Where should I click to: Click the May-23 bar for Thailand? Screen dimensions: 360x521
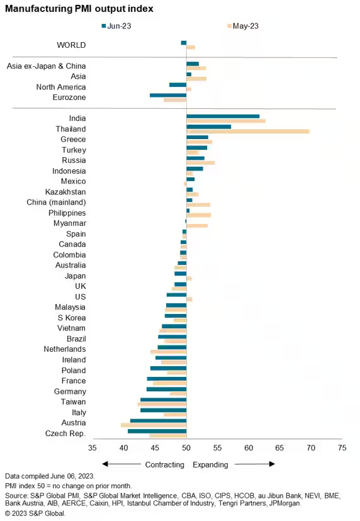pos(248,132)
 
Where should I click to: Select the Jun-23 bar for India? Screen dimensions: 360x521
pos(223,116)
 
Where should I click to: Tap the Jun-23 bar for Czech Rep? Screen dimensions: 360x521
pos(157,431)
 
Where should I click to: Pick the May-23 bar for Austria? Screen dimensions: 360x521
pos(154,425)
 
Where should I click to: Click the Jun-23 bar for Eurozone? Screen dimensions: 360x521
pos(168,96)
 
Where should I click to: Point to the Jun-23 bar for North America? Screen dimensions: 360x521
pos(178,85)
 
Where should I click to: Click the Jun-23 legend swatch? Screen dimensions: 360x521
pos(104,26)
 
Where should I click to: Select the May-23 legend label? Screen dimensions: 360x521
pos(245,26)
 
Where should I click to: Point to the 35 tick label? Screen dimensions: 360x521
pos(93,448)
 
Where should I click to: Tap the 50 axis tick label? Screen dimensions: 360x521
pos(186,448)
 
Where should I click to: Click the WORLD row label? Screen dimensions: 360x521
pos(71,45)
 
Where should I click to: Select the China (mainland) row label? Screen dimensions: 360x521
pos(56,203)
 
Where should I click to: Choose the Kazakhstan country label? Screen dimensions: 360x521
pos(65,192)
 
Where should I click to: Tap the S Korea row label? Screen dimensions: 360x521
pos(72,318)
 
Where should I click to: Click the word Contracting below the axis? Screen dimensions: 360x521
pos(164,465)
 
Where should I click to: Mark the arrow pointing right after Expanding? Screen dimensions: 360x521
pos(255,464)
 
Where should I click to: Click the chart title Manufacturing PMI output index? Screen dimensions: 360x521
pos(79,9)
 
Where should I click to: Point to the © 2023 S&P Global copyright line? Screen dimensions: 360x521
pos(35,513)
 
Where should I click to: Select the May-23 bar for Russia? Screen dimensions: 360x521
pos(200,163)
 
